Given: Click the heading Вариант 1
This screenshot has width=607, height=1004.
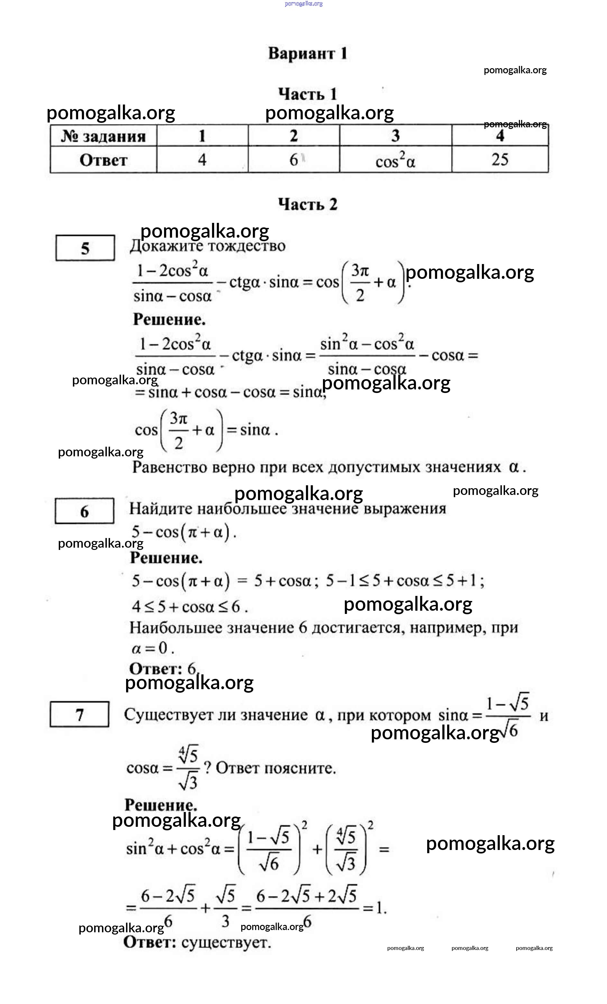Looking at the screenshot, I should pos(308,54).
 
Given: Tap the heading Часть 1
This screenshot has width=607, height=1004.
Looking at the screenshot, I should pos(308,94).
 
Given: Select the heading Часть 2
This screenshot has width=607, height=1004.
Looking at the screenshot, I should pos(308,204).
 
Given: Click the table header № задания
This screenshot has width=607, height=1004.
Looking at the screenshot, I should pos(103,136).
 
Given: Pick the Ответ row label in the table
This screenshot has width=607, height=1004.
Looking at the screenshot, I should pos(103,160).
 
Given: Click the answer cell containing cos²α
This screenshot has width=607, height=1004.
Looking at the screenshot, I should pos(395,160).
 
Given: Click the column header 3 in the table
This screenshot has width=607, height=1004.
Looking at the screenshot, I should pos(395,136).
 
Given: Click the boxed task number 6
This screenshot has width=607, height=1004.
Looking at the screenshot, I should pos(84,511).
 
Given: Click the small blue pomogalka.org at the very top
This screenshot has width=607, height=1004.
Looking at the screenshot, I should pos(304,4).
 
